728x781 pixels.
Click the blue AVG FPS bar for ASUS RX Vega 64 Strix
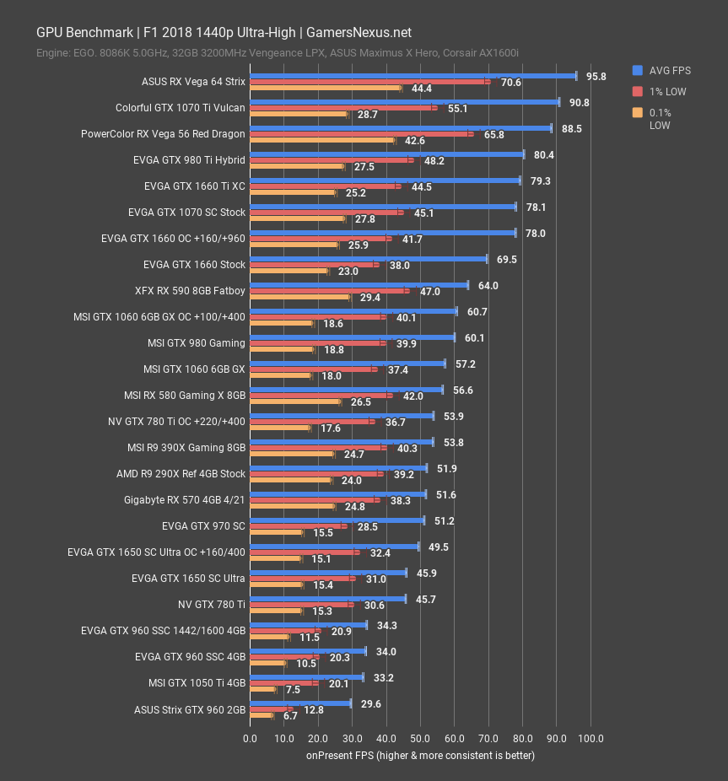[x=413, y=76]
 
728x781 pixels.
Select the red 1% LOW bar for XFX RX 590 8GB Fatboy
[x=329, y=291]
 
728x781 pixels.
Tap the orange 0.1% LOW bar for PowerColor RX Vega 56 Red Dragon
[x=322, y=140]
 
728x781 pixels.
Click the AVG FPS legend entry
[x=661, y=70]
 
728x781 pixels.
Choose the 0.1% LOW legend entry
[x=660, y=118]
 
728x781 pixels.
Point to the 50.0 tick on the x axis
[x=420, y=739]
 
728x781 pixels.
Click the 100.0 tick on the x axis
[x=590, y=739]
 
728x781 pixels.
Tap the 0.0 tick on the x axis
[x=251, y=739]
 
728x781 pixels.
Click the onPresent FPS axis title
[x=420, y=755]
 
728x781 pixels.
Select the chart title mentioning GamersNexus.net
[x=224, y=33]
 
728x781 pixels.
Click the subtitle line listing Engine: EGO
[x=277, y=53]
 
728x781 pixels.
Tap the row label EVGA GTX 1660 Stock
[x=194, y=265]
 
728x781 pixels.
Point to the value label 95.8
[x=596, y=76]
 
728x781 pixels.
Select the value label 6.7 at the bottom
[x=291, y=716]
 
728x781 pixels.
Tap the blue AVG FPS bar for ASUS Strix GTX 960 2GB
[x=300, y=703]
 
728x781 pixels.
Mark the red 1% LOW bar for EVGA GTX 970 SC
[x=298, y=526]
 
